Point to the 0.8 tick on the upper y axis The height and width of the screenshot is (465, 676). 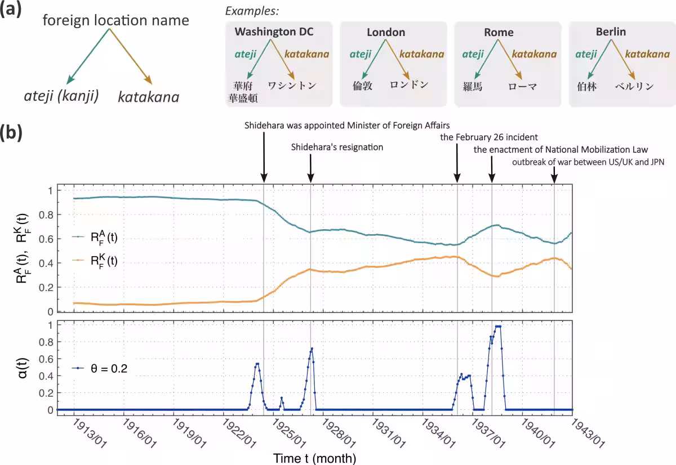[46, 215]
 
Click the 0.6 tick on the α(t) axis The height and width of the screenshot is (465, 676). [46, 359]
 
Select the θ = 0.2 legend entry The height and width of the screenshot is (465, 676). [100, 368]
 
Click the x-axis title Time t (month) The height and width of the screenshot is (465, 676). [314, 458]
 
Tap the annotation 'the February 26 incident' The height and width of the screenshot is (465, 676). [489, 137]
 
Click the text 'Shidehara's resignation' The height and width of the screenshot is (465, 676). [337, 147]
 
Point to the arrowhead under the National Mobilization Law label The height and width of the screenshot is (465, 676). [492, 178]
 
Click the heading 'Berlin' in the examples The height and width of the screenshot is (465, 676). [611, 32]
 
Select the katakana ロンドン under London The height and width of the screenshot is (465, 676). [409, 84]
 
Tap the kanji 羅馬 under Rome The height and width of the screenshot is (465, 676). [473, 87]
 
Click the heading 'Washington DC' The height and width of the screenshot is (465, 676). [274, 32]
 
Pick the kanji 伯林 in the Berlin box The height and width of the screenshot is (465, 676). [586, 87]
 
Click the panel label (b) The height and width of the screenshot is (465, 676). [11, 133]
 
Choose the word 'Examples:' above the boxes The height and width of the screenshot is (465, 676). [252, 11]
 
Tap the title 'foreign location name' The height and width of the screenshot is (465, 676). [116, 20]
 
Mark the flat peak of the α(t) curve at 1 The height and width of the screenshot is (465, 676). [498, 327]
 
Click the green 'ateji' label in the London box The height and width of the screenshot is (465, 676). [361, 54]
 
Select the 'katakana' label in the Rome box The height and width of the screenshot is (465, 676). [535, 54]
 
